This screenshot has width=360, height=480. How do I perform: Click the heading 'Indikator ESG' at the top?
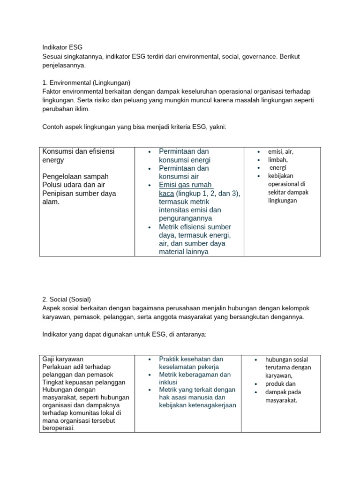click(x=62, y=47)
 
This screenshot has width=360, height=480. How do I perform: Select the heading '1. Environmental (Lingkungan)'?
click(x=86, y=82)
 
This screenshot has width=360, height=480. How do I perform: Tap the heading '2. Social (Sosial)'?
click(x=67, y=299)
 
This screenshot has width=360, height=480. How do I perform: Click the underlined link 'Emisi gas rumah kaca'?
click(x=185, y=189)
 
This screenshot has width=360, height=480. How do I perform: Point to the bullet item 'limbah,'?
click(x=277, y=159)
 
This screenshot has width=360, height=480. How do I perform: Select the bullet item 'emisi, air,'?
click(x=280, y=151)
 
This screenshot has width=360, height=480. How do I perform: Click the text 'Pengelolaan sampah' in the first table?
click(x=75, y=176)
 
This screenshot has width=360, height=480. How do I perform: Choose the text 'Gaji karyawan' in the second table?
click(x=63, y=359)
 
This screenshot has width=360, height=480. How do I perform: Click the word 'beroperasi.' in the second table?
click(x=59, y=428)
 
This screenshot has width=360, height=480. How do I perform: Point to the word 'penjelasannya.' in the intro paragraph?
click(x=64, y=65)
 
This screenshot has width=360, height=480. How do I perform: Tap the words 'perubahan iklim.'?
click(x=66, y=108)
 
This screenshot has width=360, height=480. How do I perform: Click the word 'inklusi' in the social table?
click(x=168, y=382)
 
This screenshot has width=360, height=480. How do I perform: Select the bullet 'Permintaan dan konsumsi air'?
click(x=184, y=172)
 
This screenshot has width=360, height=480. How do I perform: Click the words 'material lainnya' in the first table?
click(x=184, y=252)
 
